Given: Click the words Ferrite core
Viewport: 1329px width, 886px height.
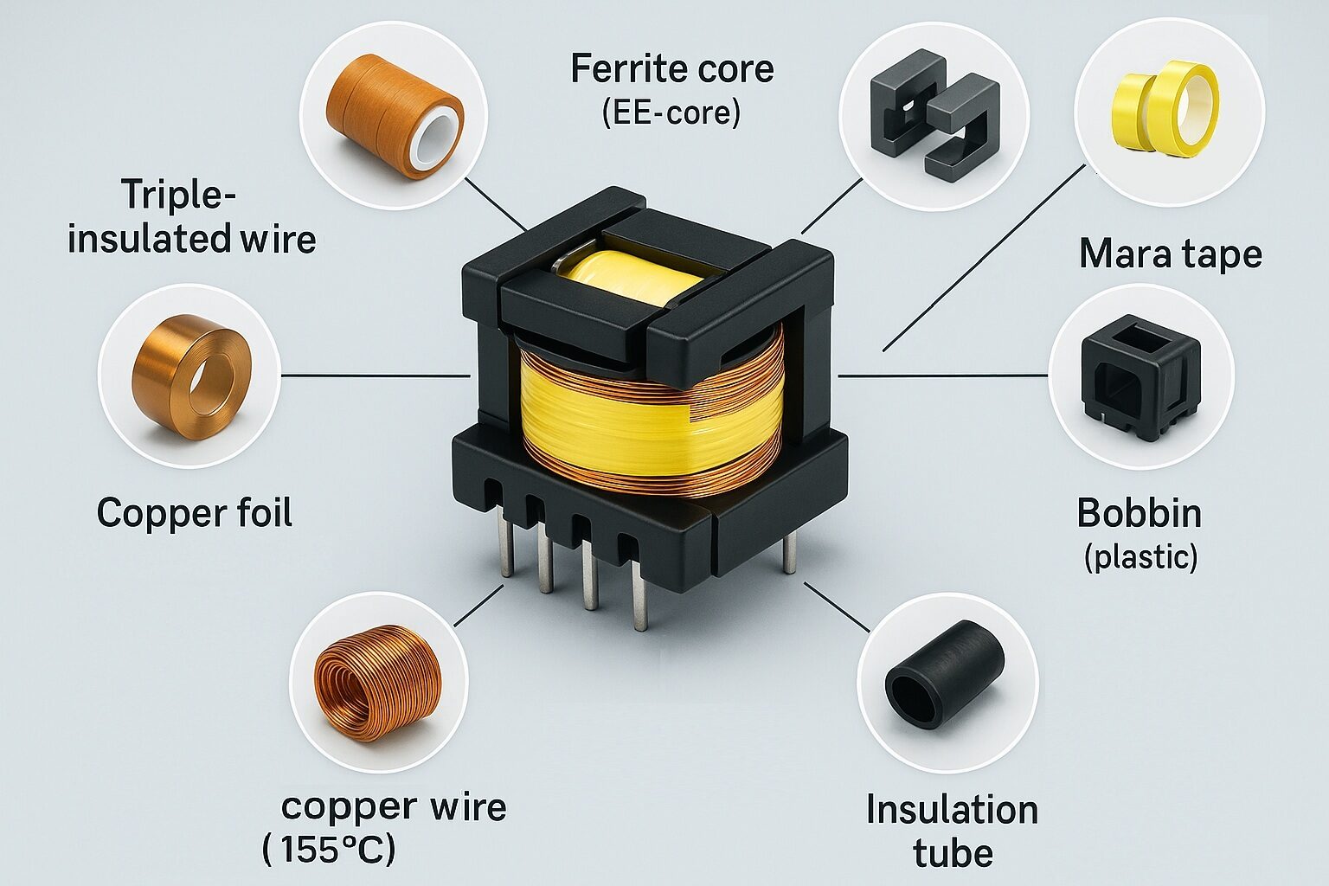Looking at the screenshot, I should point(671,68).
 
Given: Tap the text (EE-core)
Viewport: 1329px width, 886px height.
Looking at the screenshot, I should point(671,113).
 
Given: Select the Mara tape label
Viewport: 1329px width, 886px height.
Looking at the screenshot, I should point(1170,254).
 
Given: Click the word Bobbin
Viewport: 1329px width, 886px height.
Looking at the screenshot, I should point(1139,513).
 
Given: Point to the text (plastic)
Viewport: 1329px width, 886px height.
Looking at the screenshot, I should point(1140,556).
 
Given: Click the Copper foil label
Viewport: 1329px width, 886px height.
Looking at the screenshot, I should point(194,512).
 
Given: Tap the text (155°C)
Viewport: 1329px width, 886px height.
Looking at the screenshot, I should point(329,850).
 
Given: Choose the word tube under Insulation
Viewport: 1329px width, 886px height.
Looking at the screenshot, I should point(953,853).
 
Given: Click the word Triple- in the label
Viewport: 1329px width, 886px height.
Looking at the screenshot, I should point(178,195).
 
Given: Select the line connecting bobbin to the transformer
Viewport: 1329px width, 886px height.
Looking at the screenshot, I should point(943,376).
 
